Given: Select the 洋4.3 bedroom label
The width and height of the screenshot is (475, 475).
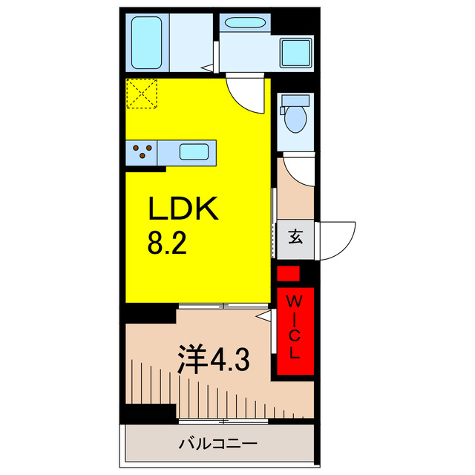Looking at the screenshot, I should coord(212,361).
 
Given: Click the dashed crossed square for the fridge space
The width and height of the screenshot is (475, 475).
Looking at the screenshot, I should coord(142,94).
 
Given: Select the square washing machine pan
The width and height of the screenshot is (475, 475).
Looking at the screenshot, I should coord(297,50).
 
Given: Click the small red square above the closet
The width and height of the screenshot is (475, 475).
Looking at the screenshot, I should coord(288,273).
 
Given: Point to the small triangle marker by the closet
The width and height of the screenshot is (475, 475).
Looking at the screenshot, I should coord(262,315).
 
